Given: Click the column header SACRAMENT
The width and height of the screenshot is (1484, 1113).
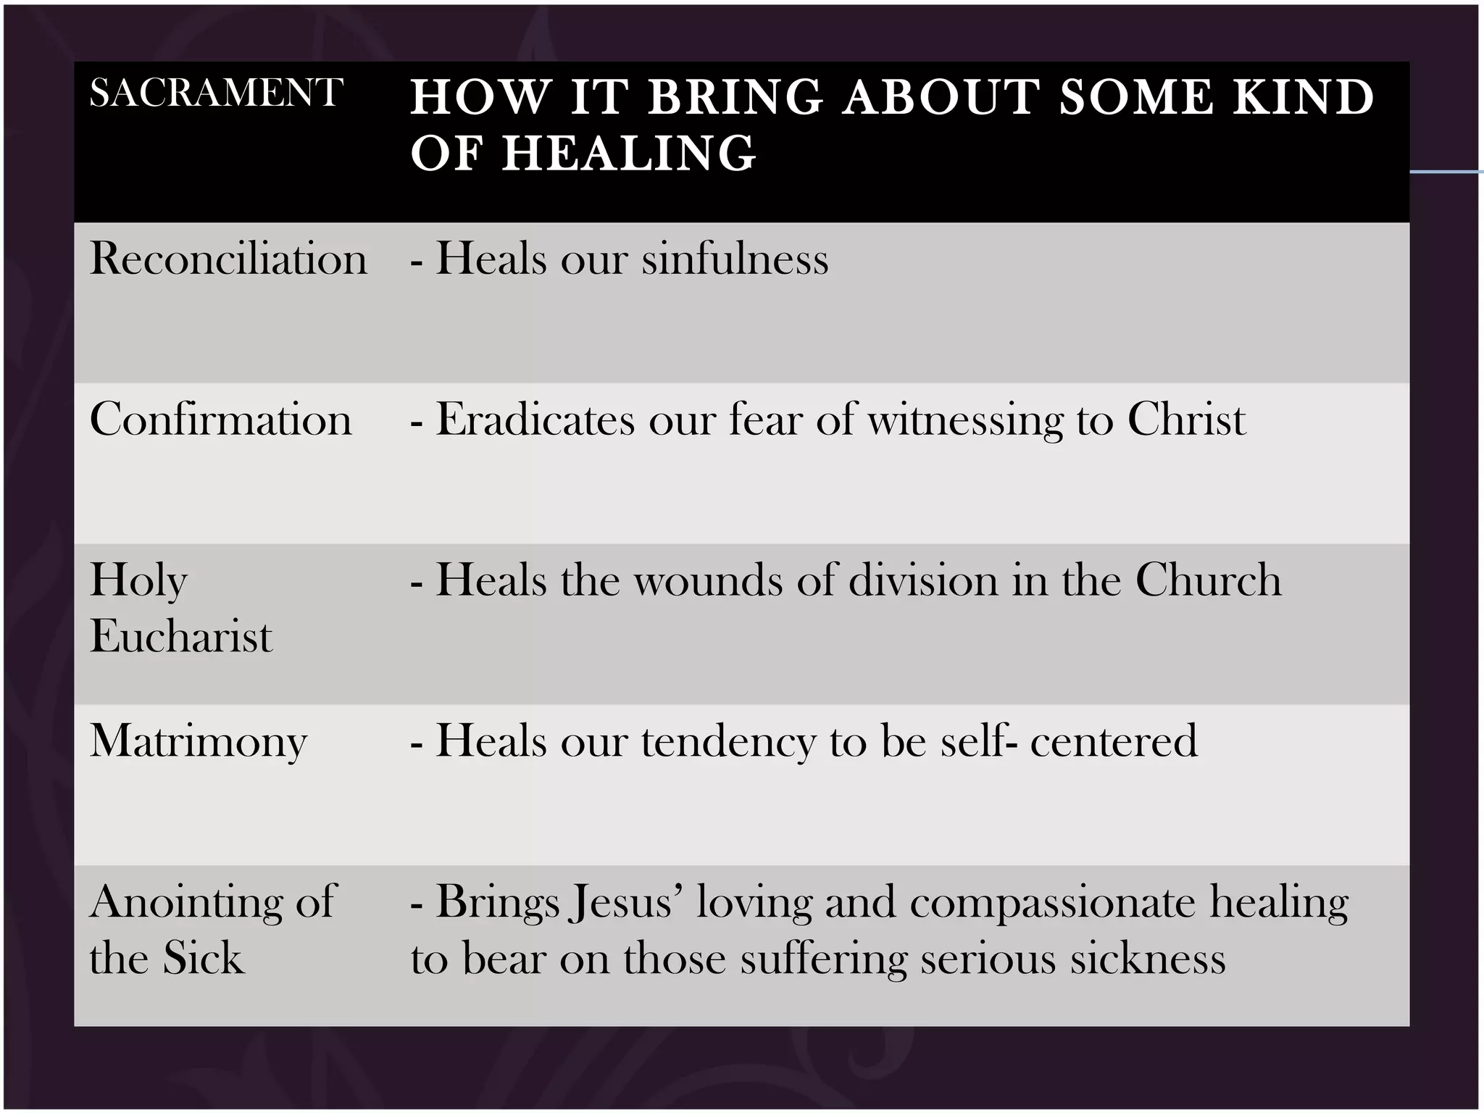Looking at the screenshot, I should pos(215,93).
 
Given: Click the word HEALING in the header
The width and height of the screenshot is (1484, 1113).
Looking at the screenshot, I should pos(629,154).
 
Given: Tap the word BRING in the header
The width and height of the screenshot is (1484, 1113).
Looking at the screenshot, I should pos(735,97).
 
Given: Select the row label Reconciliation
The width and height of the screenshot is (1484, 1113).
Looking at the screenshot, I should pos(228,259).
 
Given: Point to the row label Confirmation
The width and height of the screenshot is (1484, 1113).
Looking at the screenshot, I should pos(220,420).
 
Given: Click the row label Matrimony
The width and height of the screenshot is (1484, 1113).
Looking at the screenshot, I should pos(199,741).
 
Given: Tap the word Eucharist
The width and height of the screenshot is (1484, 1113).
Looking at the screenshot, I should pos(181,637).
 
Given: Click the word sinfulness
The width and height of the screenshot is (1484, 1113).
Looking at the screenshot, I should pos(735,259).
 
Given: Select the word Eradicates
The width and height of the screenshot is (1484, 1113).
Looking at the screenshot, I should pos(535,420).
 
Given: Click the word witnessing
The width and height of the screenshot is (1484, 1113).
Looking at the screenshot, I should pos(965,421).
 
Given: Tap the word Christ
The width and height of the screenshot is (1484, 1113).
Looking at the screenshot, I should pos(1186,420).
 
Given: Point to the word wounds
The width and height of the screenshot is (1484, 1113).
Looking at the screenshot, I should pos(708,580).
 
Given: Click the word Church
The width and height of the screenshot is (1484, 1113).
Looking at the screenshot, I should pos(1208,580).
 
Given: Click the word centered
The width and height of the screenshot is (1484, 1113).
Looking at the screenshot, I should pos(1114,741).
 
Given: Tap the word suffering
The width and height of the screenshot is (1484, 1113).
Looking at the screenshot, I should pos(823,959).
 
